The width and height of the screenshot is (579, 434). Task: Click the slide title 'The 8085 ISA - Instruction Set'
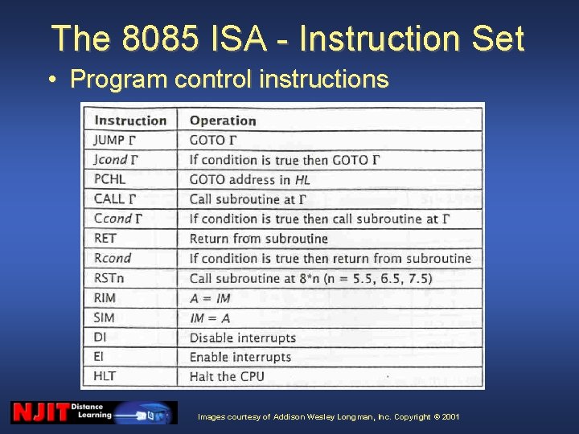288,39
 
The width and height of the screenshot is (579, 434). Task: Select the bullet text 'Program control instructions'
229,80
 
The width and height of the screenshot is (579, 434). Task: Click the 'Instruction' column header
130,121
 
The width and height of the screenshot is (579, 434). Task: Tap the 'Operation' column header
223,121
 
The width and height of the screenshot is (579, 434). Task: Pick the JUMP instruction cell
114,140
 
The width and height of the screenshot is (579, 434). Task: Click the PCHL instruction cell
110,179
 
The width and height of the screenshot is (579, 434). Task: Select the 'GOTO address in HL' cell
248,179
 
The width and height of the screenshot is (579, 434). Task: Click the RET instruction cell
105,238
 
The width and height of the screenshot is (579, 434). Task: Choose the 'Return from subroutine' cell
258,239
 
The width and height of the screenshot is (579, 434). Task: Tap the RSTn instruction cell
109,278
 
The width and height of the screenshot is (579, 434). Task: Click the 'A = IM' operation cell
209,298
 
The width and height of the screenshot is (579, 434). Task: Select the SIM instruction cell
105,317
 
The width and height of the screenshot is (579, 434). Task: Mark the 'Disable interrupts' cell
242,338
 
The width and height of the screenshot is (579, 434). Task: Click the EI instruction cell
99,357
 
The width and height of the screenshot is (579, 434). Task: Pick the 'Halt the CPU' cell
227,376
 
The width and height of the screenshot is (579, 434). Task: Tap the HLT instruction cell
105,376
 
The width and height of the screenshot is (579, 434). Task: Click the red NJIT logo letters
39,413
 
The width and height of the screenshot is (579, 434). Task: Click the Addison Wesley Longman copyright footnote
329,416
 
